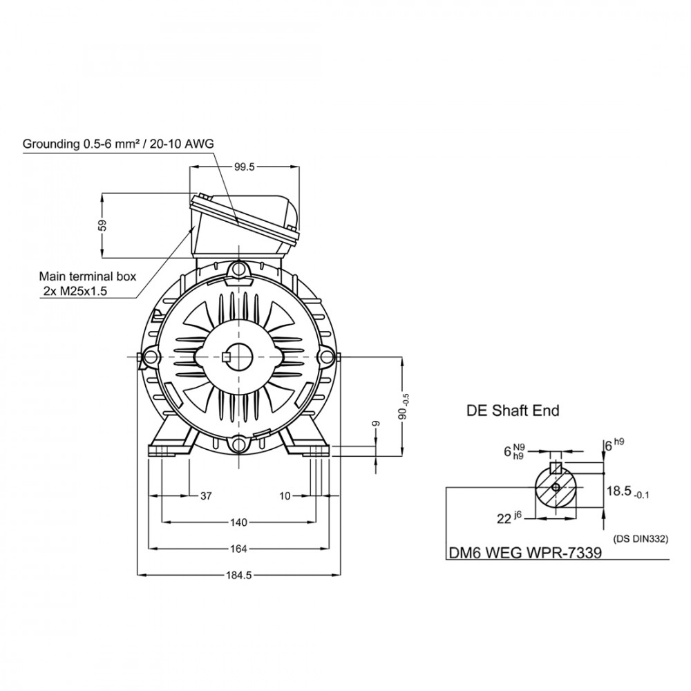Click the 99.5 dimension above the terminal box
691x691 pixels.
tap(245, 167)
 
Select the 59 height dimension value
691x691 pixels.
tap(102, 226)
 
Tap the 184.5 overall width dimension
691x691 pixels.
tap(239, 575)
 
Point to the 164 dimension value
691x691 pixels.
tap(238, 549)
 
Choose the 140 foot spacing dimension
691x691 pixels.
tap(238, 522)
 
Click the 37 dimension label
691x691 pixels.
tap(206, 496)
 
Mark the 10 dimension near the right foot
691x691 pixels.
tap(285, 496)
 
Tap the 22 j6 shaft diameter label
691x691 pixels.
tap(509, 518)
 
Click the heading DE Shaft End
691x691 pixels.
tap(513, 410)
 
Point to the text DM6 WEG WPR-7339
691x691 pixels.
tap(525, 553)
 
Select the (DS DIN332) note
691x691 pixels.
tap(641, 538)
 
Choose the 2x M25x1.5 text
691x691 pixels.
tap(75, 291)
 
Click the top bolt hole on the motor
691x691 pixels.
tap(239, 268)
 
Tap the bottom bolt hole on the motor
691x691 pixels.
tap(239, 444)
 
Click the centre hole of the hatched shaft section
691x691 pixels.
tap(556, 487)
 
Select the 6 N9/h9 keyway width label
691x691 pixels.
tap(514, 451)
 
